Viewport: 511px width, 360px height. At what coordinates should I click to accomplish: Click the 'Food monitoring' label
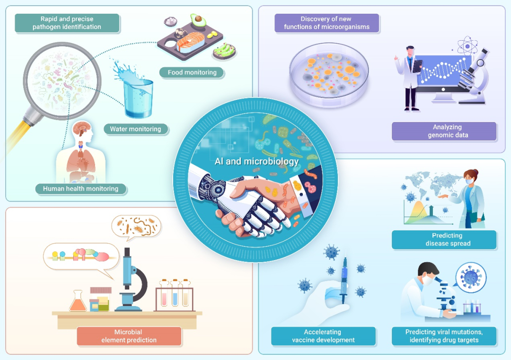tap(192, 73)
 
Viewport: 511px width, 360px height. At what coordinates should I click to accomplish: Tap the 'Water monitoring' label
tap(135, 129)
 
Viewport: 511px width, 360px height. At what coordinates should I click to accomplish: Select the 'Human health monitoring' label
tap(81, 189)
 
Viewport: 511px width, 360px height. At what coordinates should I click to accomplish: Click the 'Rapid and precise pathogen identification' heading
tap(67, 23)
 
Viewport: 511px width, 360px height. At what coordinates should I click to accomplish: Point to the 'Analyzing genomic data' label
tap(444, 131)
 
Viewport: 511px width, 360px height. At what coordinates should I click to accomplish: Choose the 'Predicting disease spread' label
tap(444, 239)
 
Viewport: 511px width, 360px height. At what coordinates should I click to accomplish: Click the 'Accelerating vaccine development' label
tap(323, 336)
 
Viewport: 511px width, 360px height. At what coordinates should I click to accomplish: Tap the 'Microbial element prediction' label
tap(129, 336)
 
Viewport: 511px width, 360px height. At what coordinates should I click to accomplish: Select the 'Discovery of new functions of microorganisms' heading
tap(326, 23)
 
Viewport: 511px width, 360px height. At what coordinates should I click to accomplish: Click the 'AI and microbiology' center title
tap(256, 161)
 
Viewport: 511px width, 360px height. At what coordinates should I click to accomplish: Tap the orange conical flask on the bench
tap(78, 301)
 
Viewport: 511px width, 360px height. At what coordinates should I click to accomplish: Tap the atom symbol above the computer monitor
tap(468, 45)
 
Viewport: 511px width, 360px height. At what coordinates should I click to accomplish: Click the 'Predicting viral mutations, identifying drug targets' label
tap(444, 336)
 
